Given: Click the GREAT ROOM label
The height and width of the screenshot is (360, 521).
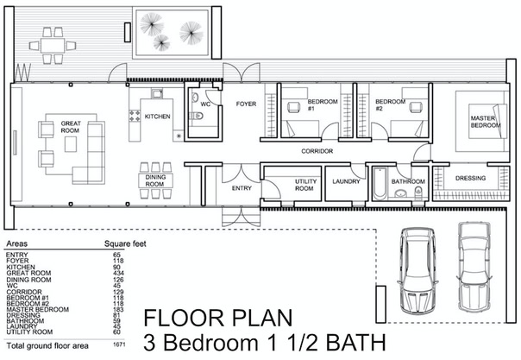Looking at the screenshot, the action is (x=71, y=127).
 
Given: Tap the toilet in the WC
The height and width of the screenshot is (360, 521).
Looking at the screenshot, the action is (x=197, y=116).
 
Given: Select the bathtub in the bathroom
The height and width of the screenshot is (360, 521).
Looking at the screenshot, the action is (x=380, y=184).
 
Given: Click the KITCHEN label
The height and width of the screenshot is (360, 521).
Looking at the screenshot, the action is (x=158, y=117).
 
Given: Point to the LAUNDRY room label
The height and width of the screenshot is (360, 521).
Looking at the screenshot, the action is (x=346, y=181).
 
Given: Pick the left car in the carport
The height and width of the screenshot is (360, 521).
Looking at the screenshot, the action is (x=417, y=270).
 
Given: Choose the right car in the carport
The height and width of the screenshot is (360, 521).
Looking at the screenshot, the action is (x=474, y=267).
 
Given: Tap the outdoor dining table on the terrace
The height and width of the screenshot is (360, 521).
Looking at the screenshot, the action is (x=53, y=46).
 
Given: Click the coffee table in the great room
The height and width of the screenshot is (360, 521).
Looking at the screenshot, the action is (x=71, y=144).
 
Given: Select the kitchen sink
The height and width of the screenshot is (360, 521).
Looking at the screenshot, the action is (x=157, y=93).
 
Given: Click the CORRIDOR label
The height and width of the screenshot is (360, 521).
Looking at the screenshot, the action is (x=317, y=151).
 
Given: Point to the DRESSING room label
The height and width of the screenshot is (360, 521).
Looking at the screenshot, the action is (x=470, y=178).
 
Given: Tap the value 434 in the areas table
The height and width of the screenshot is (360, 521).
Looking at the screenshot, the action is (x=118, y=274).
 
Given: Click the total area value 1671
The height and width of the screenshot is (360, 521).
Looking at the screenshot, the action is (x=119, y=344).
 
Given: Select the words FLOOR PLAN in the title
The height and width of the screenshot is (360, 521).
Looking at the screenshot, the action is (x=218, y=318).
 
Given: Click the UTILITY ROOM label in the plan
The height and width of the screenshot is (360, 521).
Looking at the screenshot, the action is (x=304, y=185).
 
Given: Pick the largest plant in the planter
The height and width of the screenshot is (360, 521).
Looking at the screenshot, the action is (x=191, y=33).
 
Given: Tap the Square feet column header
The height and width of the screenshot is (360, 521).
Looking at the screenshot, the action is (x=125, y=243).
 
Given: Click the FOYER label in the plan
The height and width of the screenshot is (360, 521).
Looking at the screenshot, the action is (x=246, y=104).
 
